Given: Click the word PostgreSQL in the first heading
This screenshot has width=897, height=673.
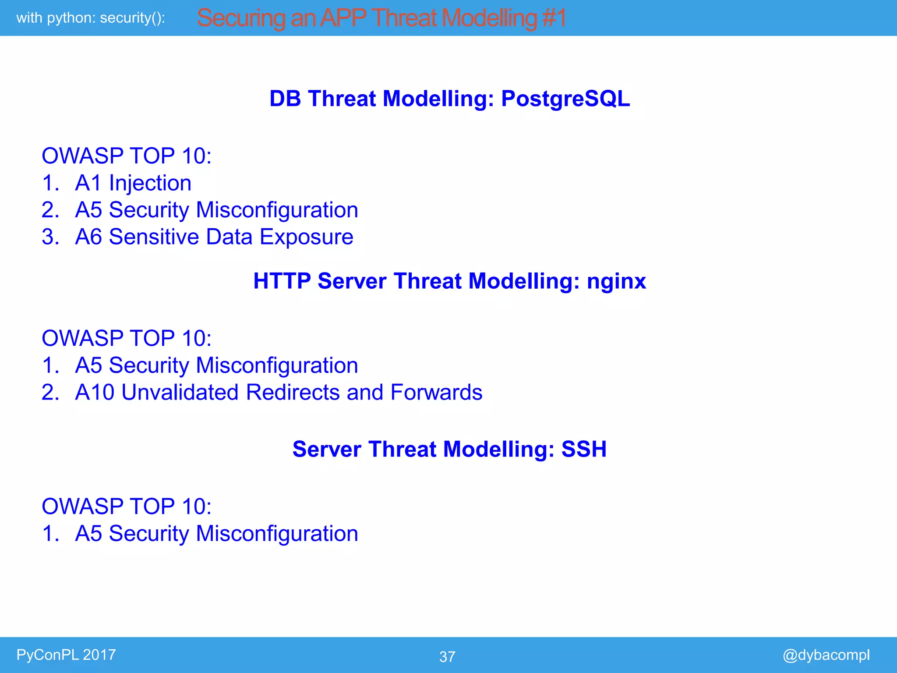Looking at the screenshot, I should [x=565, y=99].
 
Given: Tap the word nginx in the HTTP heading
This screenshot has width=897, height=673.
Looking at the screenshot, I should [x=616, y=281].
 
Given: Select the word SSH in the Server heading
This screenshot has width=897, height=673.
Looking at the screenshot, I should [x=584, y=450].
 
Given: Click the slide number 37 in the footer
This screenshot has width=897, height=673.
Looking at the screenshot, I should [x=447, y=657].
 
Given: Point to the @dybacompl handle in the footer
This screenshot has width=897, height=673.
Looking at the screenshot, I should [x=826, y=655].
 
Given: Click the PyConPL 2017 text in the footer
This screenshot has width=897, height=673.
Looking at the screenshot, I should [x=66, y=655].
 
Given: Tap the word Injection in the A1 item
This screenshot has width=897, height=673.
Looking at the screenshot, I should [x=150, y=184].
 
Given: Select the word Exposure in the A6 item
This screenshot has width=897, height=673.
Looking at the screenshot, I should [x=306, y=237].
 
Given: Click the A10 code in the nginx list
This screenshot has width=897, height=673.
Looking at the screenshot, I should [x=95, y=393].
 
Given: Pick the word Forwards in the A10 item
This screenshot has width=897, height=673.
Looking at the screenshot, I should [x=436, y=393].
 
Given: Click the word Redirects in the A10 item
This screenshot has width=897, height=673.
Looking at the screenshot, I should [x=293, y=393].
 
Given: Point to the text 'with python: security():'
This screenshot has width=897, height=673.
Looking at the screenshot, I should [x=91, y=18].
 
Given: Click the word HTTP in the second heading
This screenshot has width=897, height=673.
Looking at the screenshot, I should [x=282, y=281].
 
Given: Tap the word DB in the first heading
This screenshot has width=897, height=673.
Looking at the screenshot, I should [x=285, y=99].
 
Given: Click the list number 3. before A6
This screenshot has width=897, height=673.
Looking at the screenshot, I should [x=50, y=237].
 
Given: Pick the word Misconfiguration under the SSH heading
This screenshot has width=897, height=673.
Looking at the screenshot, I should [x=277, y=534].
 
